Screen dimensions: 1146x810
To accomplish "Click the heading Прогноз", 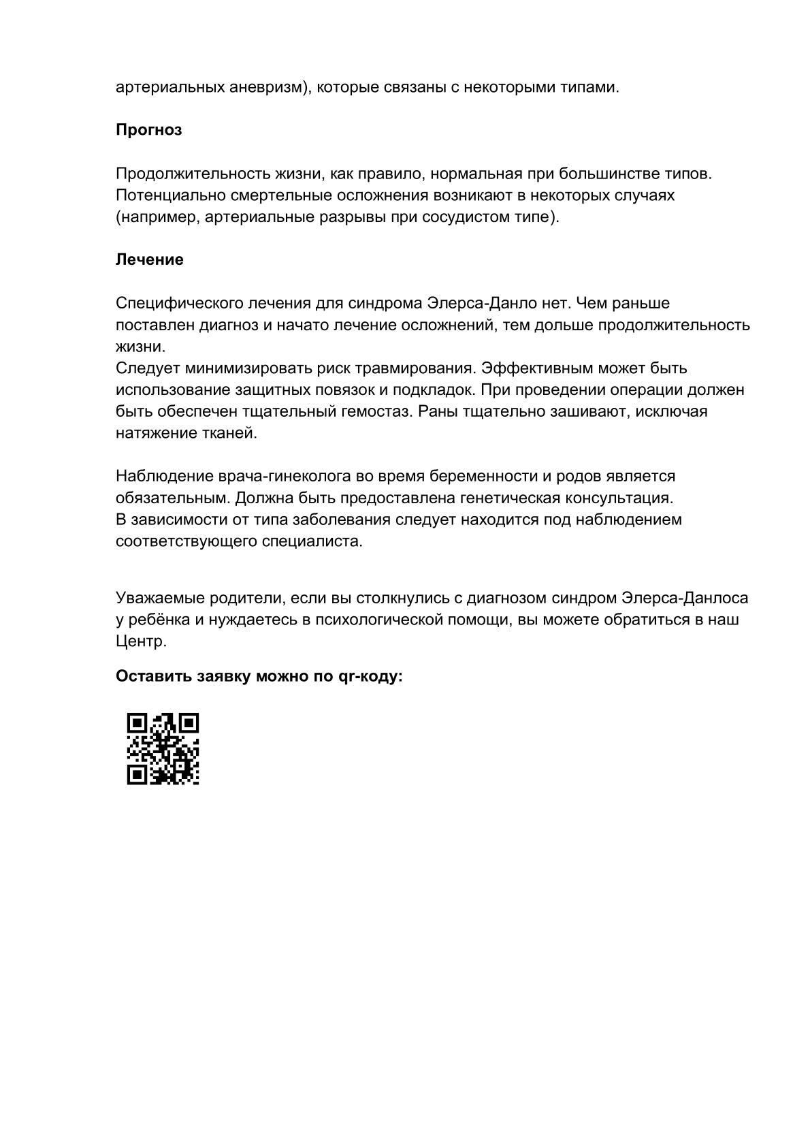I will tap(148, 130).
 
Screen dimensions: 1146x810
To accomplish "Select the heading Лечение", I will tap(149, 260).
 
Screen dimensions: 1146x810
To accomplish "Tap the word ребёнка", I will tap(155, 620).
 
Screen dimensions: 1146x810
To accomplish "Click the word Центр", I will tap(141, 642).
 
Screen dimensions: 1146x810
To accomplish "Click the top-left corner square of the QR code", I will tap(137, 723).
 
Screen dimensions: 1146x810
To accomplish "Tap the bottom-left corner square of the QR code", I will tap(137, 774).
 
